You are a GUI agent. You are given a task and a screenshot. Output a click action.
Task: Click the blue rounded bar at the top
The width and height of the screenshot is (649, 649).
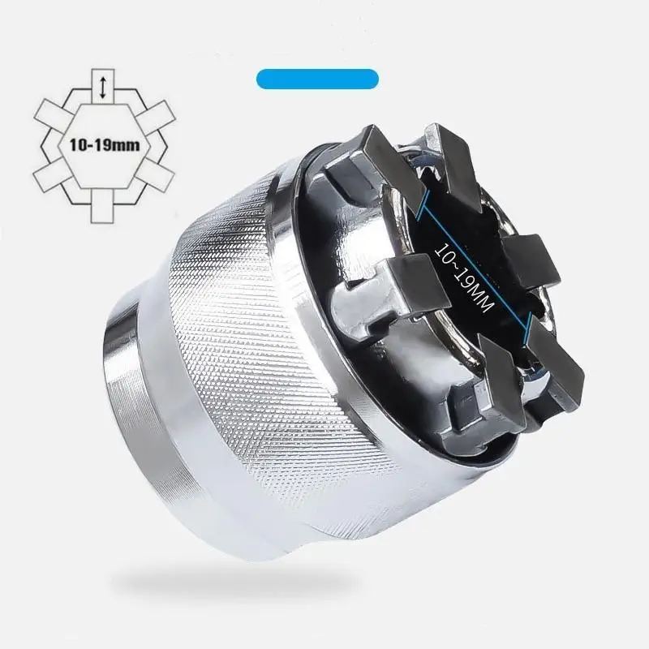coord(317,80)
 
